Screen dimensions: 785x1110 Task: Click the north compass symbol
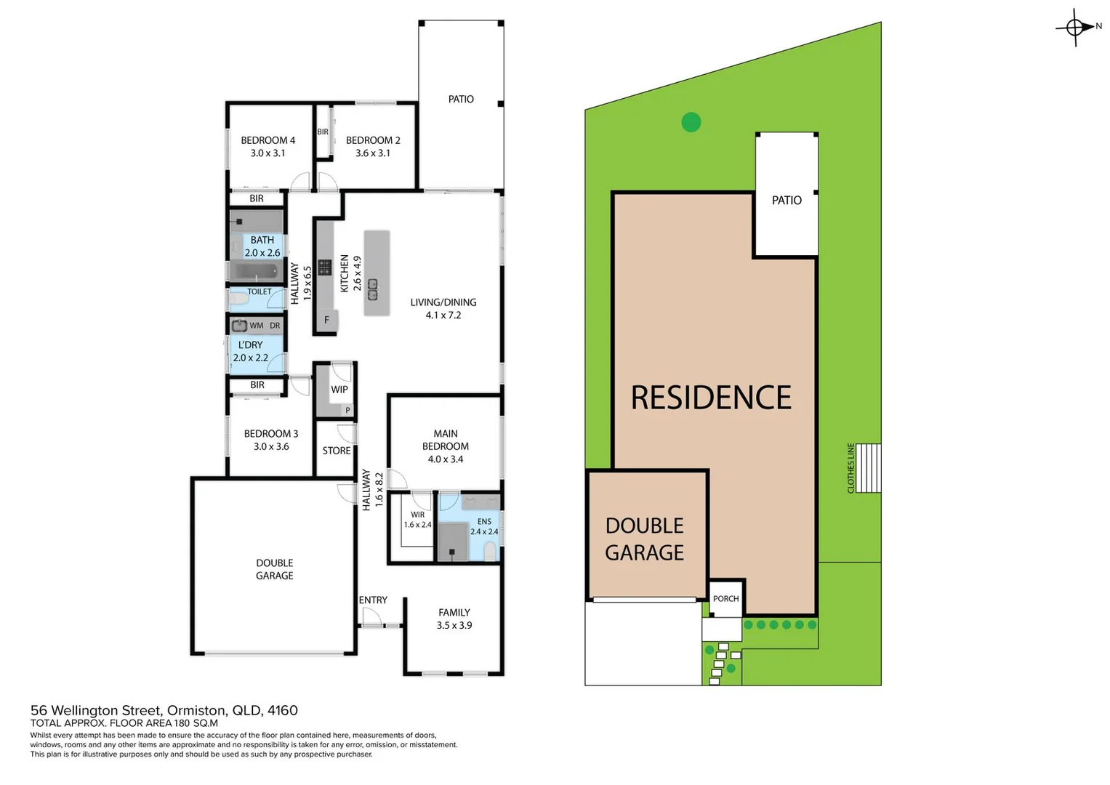[x=1076, y=28]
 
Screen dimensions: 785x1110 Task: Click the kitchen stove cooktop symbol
[x=324, y=267]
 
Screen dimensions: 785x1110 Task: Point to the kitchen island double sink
[x=372, y=289]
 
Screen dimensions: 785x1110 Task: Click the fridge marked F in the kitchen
[x=326, y=320]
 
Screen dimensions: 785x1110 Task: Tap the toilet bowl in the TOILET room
[x=238, y=299]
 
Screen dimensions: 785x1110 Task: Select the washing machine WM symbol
[x=240, y=326]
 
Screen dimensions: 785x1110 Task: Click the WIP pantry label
[x=339, y=390]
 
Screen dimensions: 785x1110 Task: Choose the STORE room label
[x=337, y=451]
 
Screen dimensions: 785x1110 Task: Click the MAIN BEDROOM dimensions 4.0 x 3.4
[x=445, y=459]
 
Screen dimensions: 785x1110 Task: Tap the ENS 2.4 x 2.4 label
[x=484, y=526]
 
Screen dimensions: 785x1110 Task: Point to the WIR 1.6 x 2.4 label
[x=417, y=520]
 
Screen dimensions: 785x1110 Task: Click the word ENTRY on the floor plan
[x=373, y=600]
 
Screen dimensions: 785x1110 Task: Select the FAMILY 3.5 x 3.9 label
[x=454, y=619]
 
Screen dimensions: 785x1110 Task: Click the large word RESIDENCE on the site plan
[x=711, y=398]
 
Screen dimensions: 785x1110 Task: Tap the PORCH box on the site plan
[x=725, y=598]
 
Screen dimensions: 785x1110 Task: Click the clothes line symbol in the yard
[x=868, y=468]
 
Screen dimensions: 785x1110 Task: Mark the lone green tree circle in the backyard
[x=691, y=122]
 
